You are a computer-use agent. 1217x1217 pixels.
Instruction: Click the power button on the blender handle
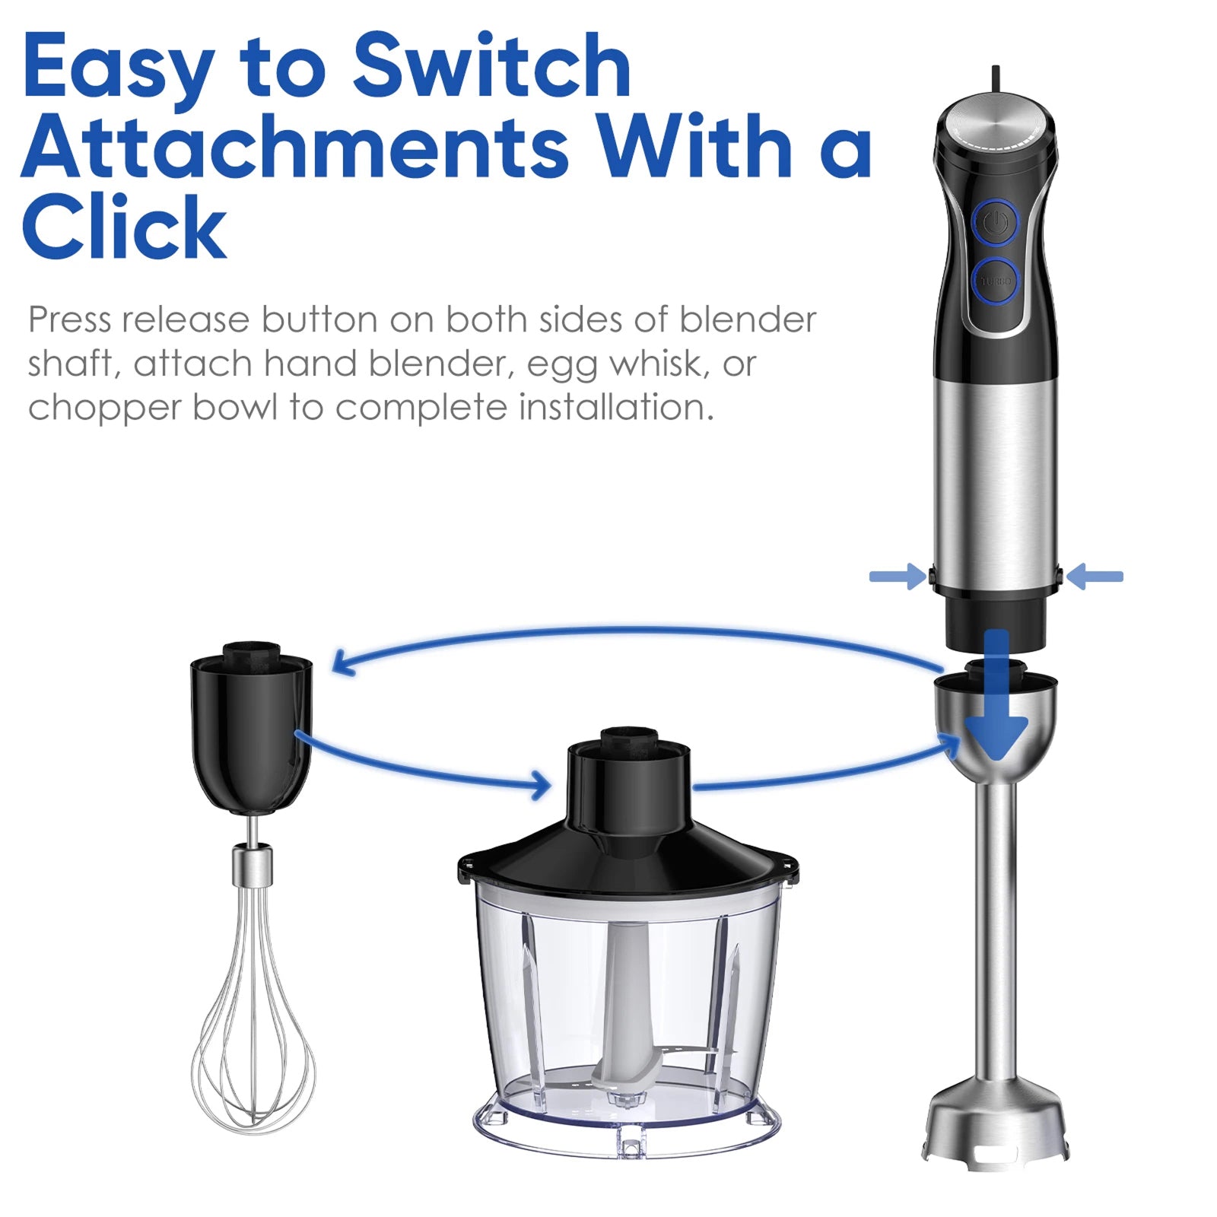pos(995,223)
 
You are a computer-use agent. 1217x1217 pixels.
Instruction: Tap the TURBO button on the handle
pos(995,281)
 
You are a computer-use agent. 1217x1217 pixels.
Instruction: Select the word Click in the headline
pos(125,227)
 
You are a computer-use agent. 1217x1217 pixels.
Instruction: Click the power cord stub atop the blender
pos(995,78)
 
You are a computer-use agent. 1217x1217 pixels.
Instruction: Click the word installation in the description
pos(616,408)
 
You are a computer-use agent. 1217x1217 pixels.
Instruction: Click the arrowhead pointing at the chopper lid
pos(542,784)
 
